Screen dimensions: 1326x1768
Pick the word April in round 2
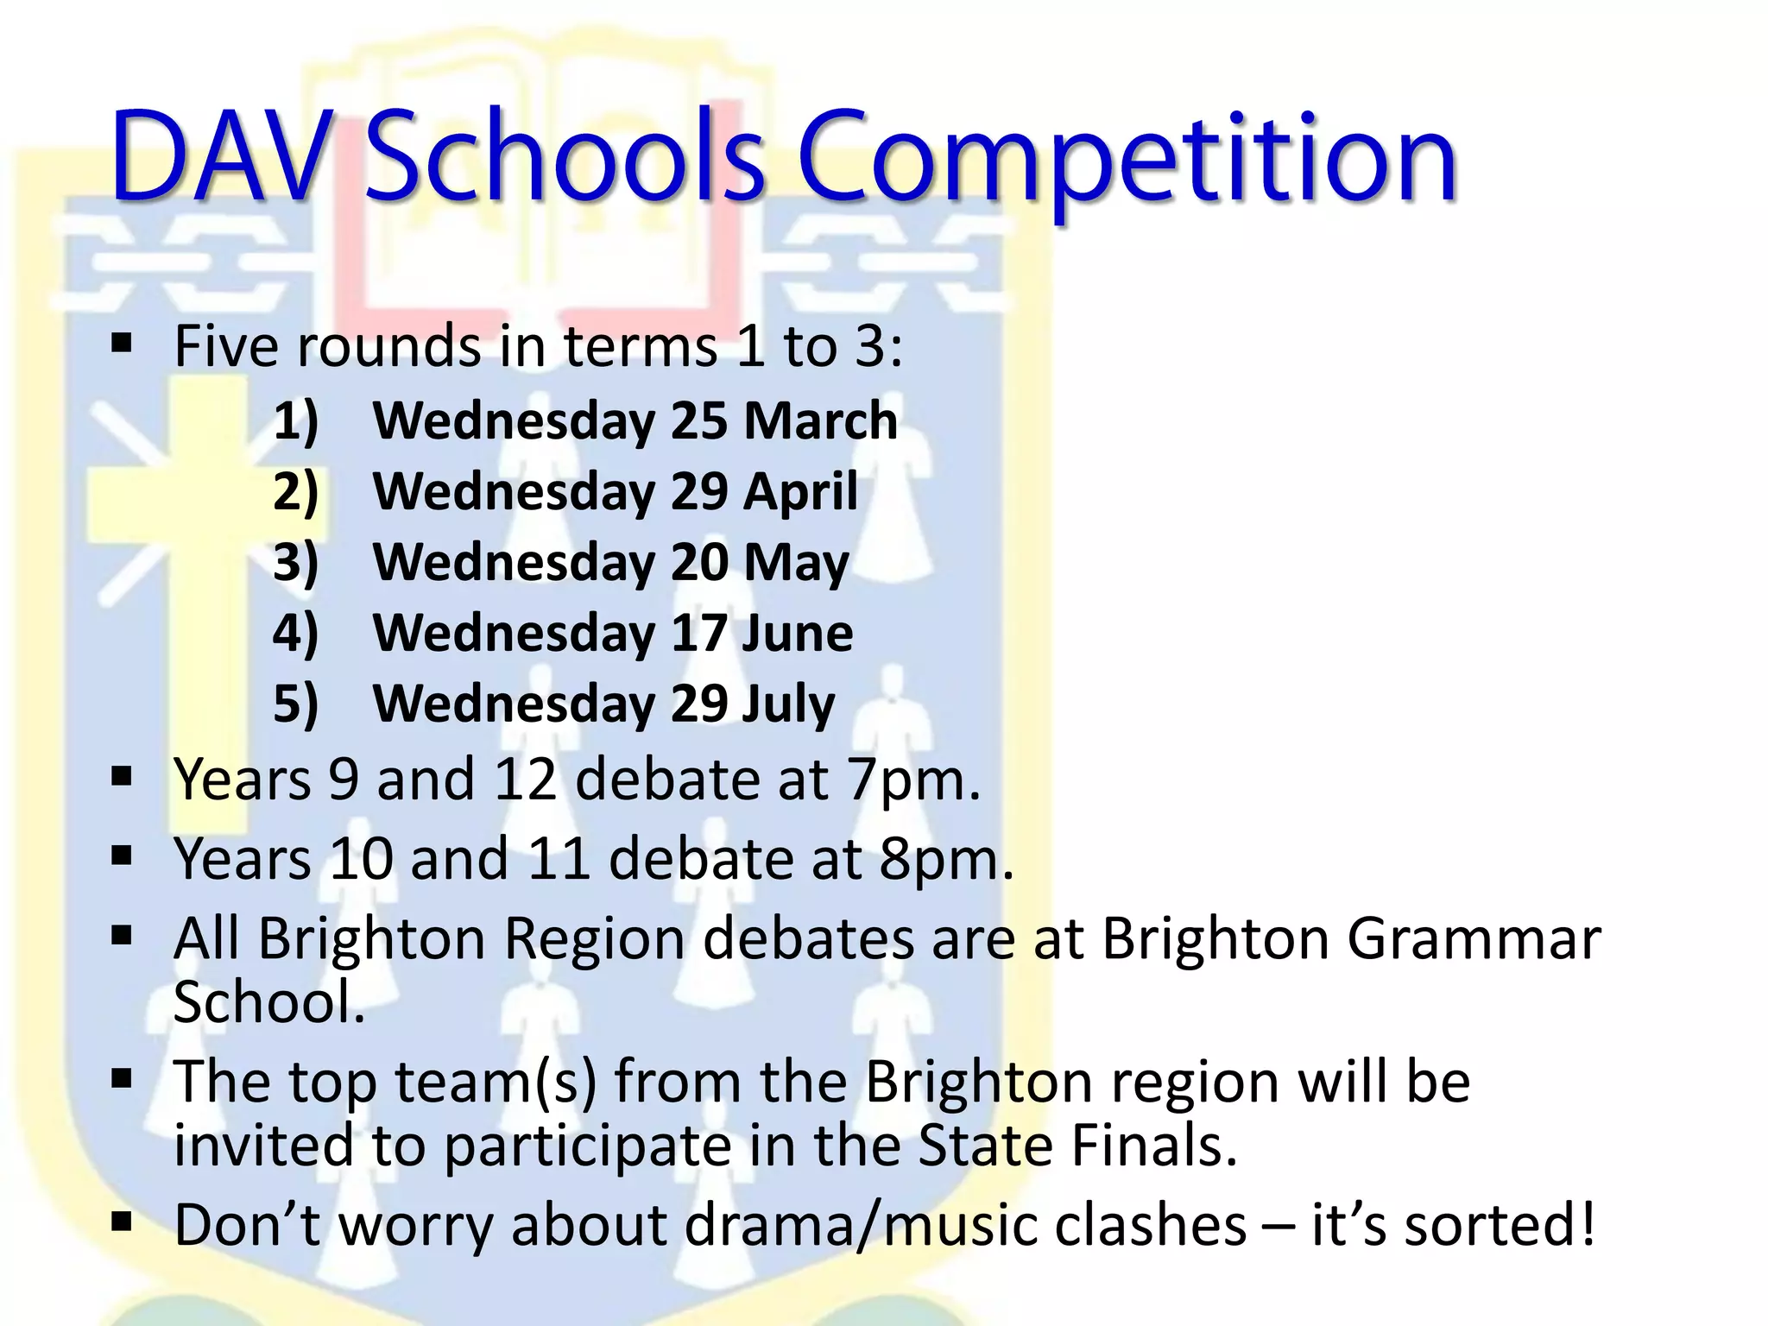pos(800,492)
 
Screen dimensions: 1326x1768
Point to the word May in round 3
pos(796,564)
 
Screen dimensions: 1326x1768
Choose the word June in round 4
pos(797,634)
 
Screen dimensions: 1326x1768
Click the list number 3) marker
pos(296,563)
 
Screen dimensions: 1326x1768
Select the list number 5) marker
pos(296,704)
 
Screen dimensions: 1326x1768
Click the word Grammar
pos(1474,939)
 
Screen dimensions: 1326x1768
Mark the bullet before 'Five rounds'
pos(122,344)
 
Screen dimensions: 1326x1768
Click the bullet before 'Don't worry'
pos(122,1222)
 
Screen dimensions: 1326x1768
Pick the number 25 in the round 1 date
pos(698,421)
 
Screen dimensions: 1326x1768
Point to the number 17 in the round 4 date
pos(698,634)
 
